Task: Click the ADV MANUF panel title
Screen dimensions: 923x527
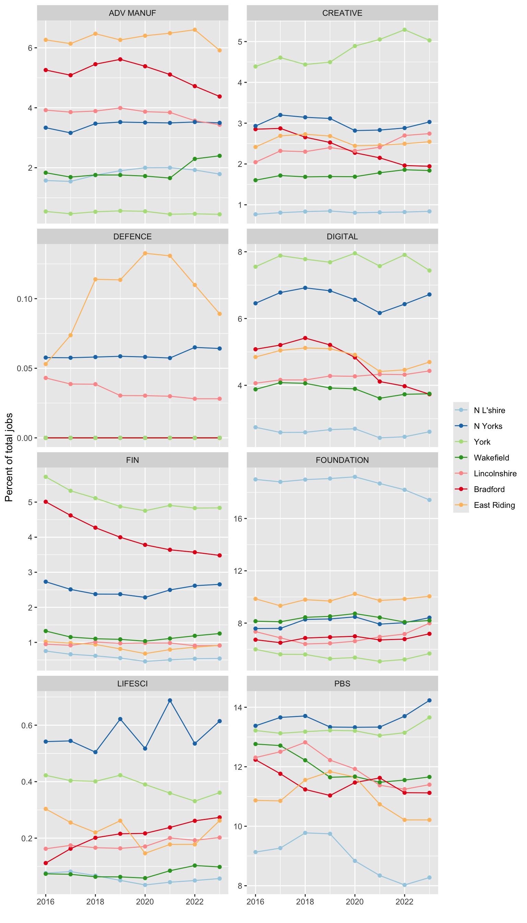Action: (x=132, y=13)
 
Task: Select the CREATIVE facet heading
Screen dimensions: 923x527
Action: (x=342, y=13)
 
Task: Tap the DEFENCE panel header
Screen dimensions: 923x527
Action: (x=132, y=237)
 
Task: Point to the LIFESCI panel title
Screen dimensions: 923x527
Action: (x=132, y=684)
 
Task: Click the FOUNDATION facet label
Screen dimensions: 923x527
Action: (x=342, y=460)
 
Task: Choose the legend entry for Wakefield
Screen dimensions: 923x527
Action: (x=491, y=457)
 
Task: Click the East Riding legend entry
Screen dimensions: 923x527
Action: (x=494, y=505)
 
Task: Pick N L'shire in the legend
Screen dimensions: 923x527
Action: (x=489, y=410)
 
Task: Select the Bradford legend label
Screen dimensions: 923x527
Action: (x=489, y=489)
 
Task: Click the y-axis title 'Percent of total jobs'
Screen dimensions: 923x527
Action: (x=9, y=457)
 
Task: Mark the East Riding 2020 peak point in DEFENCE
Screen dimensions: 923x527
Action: (x=145, y=253)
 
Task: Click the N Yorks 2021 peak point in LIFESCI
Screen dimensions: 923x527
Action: (x=170, y=700)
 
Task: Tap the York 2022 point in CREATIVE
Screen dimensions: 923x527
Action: (x=404, y=30)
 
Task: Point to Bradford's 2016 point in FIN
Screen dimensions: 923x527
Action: (x=46, y=502)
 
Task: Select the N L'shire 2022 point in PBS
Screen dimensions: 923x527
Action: (x=404, y=885)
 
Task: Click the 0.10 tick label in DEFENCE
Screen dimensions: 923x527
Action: (x=24, y=299)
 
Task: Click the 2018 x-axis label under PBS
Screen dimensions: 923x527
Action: (x=305, y=902)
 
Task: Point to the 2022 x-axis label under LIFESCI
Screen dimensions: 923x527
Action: (x=195, y=902)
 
